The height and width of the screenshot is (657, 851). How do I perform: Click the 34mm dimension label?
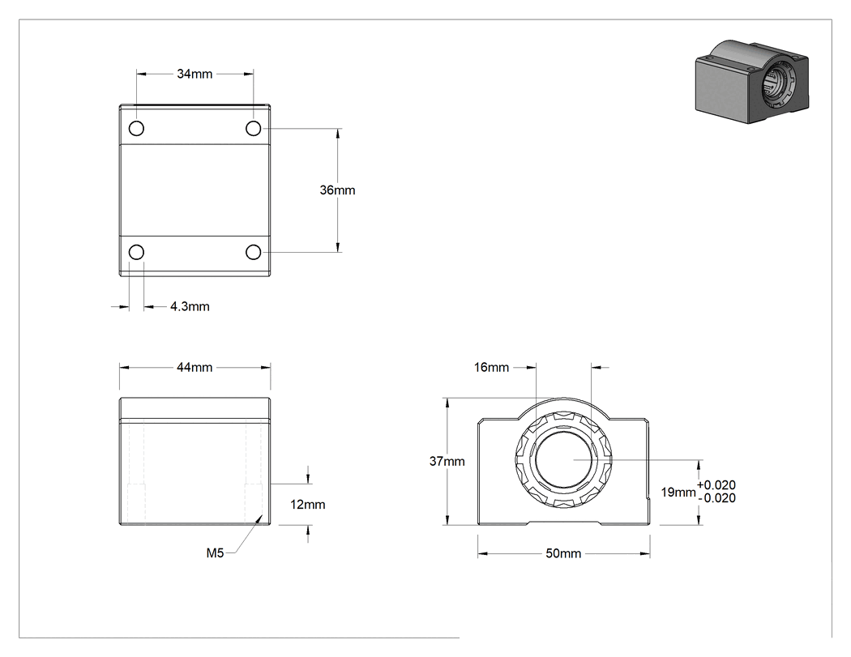point(195,74)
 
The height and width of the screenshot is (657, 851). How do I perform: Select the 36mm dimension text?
point(338,190)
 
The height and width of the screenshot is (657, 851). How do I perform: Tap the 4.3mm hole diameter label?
point(190,306)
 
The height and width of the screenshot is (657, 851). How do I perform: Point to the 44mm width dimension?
point(195,367)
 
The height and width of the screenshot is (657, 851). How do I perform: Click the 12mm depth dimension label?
point(308,505)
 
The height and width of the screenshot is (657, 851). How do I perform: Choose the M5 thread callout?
point(215,552)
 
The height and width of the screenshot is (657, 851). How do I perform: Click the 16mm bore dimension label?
point(491,367)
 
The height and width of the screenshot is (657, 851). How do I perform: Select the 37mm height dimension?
point(447,461)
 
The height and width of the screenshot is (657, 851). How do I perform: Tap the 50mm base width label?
point(563,553)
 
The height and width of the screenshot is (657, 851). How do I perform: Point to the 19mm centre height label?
point(678,492)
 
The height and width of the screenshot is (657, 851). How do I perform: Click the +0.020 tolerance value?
point(716,485)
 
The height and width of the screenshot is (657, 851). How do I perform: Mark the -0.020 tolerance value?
point(716,498)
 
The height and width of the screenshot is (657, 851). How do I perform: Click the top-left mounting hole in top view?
point(136,129)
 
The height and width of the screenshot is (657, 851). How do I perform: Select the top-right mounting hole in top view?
point(254,129)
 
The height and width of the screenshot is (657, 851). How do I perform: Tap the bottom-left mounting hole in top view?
point(136,252)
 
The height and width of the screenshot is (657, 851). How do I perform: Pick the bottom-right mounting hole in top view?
point(254,252)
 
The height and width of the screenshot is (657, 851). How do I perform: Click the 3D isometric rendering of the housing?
point(752,81)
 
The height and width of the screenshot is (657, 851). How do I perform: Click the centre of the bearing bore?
point(563,459)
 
